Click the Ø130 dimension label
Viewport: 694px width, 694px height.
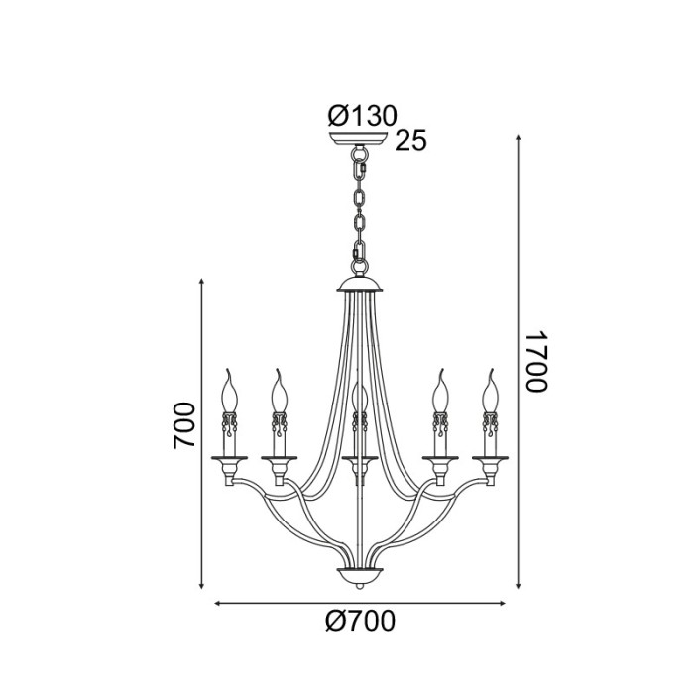click(362, 116)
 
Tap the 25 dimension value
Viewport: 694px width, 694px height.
click(409, 141)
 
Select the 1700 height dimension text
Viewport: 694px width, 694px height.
click(535, 362)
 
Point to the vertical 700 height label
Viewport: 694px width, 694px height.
click(184, 426)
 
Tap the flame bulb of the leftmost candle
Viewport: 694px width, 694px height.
click(231, 391)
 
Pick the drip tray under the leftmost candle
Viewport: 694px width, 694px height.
click(230, 456)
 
